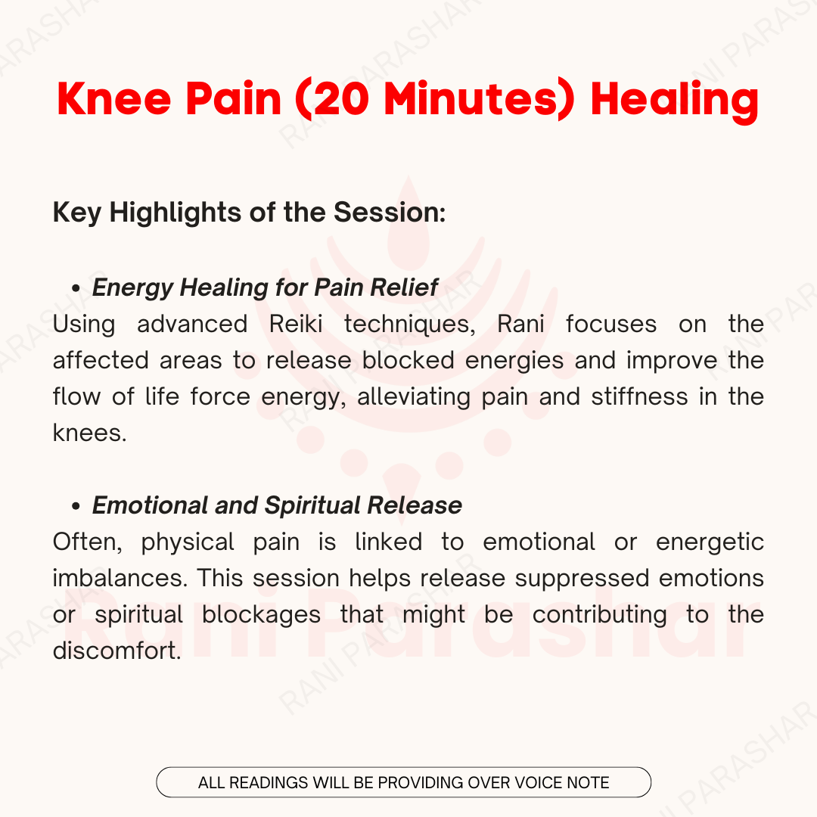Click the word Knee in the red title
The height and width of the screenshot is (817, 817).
click(x=114, y=98)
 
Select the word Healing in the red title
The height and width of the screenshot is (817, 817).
click(x=675, y=101)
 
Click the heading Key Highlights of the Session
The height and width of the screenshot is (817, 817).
click(x=249, y=213)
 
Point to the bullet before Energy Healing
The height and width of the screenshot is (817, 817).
click(x=76, y=288)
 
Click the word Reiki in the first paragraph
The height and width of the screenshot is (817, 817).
click(x=296, y=324)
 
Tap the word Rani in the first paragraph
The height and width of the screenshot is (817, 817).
click(x=520, y=324)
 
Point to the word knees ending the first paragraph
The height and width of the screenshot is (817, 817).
click(x=89, y=433)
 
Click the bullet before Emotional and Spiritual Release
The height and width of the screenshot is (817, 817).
click(x=76, y=506)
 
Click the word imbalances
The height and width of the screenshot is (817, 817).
click(x=120, y=579)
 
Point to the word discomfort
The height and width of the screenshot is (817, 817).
click(x=116, y=651)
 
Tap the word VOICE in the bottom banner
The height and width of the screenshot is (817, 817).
click(x=539, y=783)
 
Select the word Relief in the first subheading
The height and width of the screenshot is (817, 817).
click(x=404, y=287)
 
